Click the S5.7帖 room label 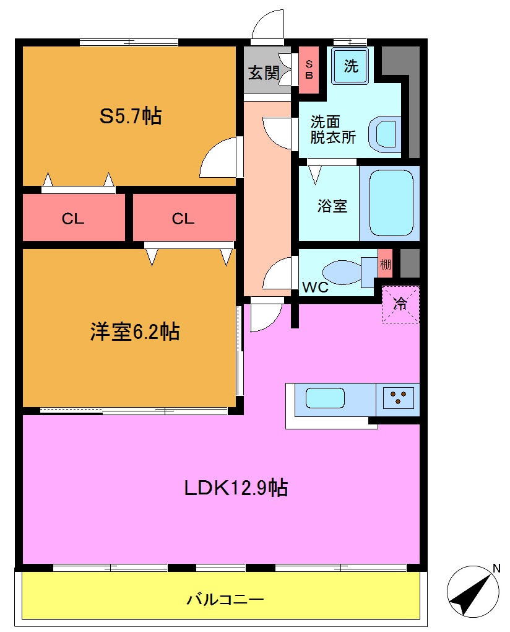[x=131, y=116]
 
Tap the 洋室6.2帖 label [x=135, y=332]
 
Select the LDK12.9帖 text [x=235, y=488]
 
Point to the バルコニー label [x=225, y=599]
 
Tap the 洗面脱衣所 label [x=332, y=129]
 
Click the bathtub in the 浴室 [x=391, y=203]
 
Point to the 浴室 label [x=332, y=206]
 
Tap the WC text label [x=315, y=288]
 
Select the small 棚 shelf [x=385, y=266]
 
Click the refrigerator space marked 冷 [x=400, y=304]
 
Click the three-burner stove [x=397, y=397]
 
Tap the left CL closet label [x=73, y=218]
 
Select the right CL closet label [x=183, y=218]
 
